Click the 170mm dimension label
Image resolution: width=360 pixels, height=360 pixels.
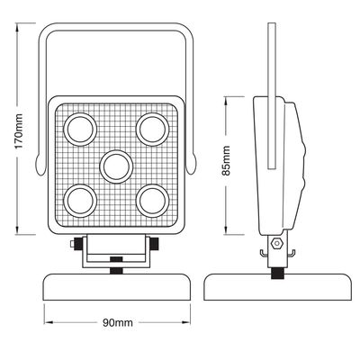click(19, 131)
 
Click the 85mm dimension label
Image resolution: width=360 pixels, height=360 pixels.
click(226, 160)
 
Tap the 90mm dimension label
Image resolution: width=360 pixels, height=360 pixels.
click(118, 323)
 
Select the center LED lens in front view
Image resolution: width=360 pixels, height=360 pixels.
click(116, 166)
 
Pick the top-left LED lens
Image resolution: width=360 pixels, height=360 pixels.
click(80, 130)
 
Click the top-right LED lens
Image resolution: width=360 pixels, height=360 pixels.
click(152, 130)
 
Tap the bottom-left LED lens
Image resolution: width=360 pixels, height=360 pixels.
click(80, 201)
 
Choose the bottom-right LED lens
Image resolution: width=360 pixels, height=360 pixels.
click(152, 201)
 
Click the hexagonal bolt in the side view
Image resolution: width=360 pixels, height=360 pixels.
click(276, 243)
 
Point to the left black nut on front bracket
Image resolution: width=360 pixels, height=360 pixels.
click(78, 244)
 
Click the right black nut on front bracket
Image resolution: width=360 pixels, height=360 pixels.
click(155, 244)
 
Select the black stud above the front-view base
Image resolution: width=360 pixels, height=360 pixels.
click(116, 271)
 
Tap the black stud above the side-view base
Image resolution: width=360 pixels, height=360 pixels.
click(277, 274)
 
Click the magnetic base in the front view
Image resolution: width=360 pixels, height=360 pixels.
click(117, 287)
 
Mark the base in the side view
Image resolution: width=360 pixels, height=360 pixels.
click(277, 287)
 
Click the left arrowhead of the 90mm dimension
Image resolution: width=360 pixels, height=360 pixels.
click(49, 322)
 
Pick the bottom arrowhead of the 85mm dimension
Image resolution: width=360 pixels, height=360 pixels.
click(226, 230)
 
